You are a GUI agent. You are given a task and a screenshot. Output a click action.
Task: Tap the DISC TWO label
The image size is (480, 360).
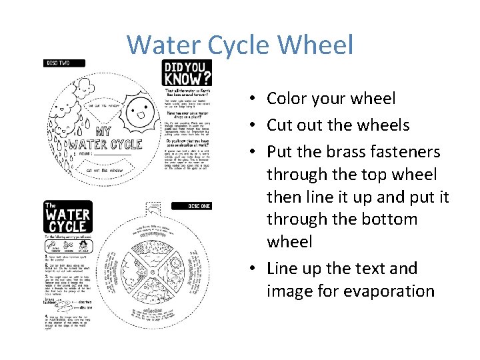tap(65, 63)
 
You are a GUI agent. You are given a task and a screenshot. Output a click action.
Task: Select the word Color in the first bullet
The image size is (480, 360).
tap(289, 99)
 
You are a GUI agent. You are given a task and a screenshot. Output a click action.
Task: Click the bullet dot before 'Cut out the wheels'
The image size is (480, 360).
tap(255, 125)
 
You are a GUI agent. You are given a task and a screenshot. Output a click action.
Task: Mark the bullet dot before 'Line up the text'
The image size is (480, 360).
tap(255, 269)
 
